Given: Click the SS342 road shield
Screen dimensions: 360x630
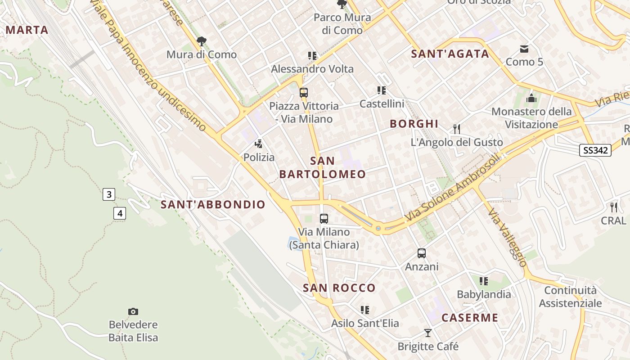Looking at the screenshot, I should point(595,150).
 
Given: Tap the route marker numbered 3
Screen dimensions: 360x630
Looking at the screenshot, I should point(108,194).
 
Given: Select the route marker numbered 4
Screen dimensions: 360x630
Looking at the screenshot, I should point(119,213).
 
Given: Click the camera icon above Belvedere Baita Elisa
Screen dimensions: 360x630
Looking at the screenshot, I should point(133,311).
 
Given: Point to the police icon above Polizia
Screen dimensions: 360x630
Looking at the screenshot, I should point(259,144).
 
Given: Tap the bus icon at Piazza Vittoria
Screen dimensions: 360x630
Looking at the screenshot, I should point(304,93).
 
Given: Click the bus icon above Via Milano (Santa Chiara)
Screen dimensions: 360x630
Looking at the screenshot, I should point(324,219).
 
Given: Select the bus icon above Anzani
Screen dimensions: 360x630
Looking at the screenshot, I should point(422,253).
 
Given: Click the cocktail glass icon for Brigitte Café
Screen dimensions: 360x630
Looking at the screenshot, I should point(428,333).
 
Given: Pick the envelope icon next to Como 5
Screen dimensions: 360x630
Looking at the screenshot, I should point(524,49).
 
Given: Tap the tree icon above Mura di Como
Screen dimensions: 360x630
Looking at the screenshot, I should point(202,41).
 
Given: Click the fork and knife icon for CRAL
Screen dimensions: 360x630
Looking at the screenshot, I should point(614,207).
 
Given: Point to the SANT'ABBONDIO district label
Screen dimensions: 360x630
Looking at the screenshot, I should point(213,205).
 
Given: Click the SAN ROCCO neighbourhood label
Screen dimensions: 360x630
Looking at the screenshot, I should point(339,288).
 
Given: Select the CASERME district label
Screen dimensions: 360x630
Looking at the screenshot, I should point(470,318).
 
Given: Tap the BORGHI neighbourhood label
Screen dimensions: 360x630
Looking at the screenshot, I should point(414,124).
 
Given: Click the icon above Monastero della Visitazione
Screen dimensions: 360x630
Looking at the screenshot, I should point(531,98).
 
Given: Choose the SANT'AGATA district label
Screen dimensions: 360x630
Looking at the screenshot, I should point(450,54).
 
